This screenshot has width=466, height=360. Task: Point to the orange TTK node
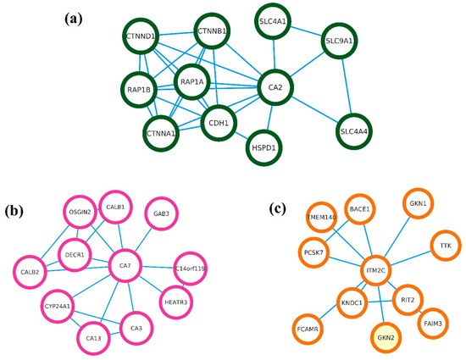[444, 246]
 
